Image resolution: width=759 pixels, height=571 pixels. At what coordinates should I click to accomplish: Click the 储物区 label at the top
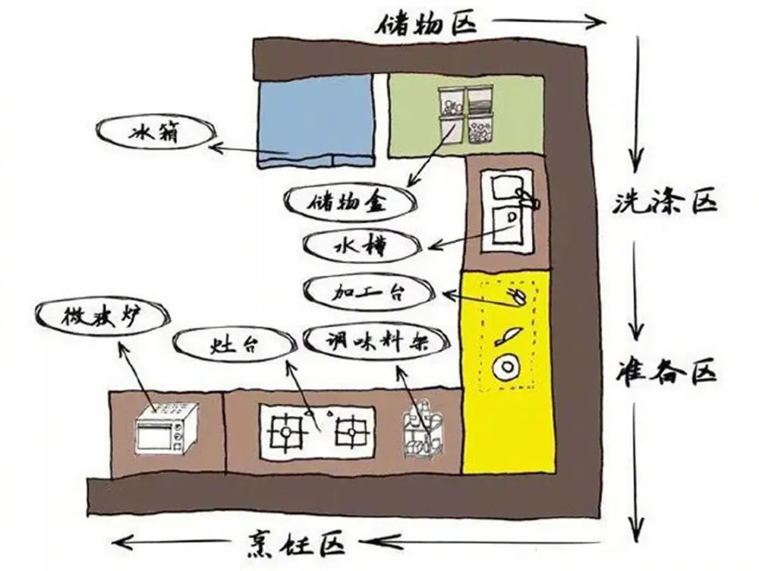(426, 21)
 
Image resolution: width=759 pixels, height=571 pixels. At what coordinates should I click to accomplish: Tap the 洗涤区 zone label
(665, 203)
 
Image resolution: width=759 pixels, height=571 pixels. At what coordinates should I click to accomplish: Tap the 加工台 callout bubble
(369, 292)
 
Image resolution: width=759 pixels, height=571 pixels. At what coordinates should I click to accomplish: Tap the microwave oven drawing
(167, 430)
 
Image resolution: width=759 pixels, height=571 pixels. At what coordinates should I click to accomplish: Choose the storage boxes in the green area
(464, 115)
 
